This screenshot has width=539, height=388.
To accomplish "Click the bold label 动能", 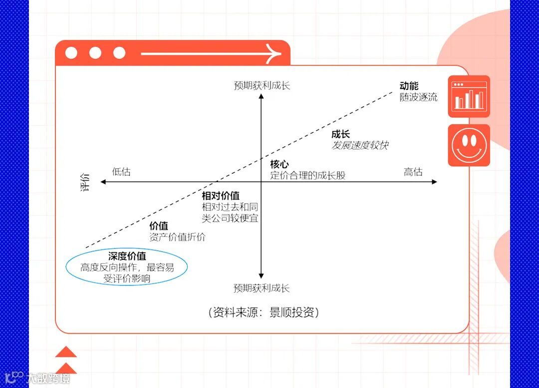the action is click(x=409, y=86).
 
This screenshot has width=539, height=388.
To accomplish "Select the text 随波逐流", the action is click(x=418, y=97).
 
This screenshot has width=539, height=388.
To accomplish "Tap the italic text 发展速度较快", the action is click(x=360, y=145).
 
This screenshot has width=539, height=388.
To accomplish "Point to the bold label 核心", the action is click(x=279, y=164).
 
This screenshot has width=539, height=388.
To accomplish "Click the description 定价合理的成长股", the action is click(x=308, y=175).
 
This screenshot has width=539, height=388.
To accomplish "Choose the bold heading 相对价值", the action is click(x=221, y=195).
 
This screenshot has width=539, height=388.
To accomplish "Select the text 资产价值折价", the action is click(x=177, y=237).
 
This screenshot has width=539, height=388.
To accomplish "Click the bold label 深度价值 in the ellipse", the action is click(x=127, y=256).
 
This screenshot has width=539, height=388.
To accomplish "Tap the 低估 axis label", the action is click(x=121, y=172).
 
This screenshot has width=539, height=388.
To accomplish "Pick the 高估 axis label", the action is click(x=413, y=172).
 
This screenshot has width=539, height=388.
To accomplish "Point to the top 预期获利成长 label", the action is click(x=262, y=85).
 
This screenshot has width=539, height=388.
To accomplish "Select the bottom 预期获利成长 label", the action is click(x=262, y=288).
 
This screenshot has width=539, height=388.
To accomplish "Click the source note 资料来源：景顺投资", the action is click(x=263, y=313).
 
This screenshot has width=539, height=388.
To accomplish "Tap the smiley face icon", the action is click(x=469, y=145).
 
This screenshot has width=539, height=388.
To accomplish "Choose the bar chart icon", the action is click(x=469, y=96).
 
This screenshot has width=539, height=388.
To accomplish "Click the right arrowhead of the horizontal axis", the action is click(x=434, y=182).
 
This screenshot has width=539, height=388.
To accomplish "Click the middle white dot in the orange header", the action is click(x=95, y=53).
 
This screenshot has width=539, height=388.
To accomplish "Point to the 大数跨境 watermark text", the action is click(x=48, y=379).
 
